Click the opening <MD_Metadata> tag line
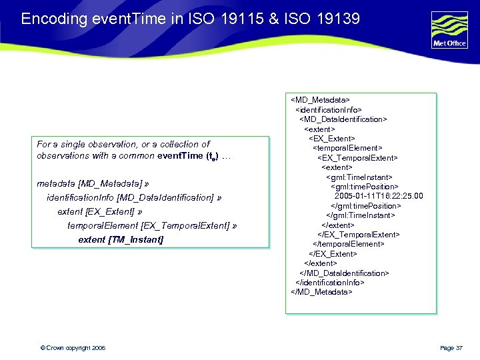click(x=321, y=100)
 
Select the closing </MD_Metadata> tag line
click(x=322, y=292)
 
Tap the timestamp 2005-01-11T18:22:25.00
click(x=379, y=196)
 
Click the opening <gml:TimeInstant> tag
click(x=361, y=177)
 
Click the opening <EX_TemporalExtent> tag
click(x=357, y=158)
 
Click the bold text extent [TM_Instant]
click(x=121, y=239)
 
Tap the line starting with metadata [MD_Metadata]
click(x=89, y=183)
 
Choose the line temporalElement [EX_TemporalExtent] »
click(x=152, y=226)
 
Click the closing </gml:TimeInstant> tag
click(x=360, y=215)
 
